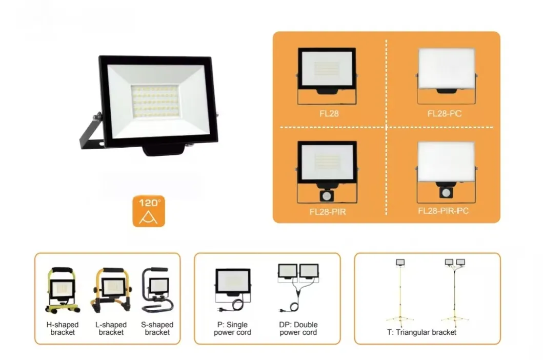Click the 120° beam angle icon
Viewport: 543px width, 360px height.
click(x=149, y=211)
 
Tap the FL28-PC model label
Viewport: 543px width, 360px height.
click(x=445, y=114)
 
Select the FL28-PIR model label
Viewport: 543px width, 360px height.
click(x=328, y=212)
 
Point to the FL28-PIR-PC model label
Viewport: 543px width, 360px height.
click(x=443, y=211)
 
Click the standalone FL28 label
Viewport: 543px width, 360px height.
click(x=329, y=114)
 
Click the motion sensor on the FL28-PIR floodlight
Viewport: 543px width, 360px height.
click(x=326, y=196)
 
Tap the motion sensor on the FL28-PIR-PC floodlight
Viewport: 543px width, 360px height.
click(x=446, y=192)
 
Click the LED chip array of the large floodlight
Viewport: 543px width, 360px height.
click(x=155, y=101)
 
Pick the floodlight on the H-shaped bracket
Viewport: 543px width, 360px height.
click(x=63, y=288)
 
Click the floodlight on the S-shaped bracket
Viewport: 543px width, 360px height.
click(x=159, y=286)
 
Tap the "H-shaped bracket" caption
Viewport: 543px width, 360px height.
click(x=63, y=329)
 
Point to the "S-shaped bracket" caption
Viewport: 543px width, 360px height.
click(x=157, y=329)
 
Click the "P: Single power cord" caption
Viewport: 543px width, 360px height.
click(x=232, y=329)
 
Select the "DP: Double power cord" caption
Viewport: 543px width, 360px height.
click(x=298, y=329)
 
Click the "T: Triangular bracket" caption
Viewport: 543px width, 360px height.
click(x=421, y=332)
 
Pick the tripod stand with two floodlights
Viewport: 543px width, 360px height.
click(x=455, y=292)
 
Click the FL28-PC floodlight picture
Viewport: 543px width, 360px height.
click(x=447, y=76)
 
